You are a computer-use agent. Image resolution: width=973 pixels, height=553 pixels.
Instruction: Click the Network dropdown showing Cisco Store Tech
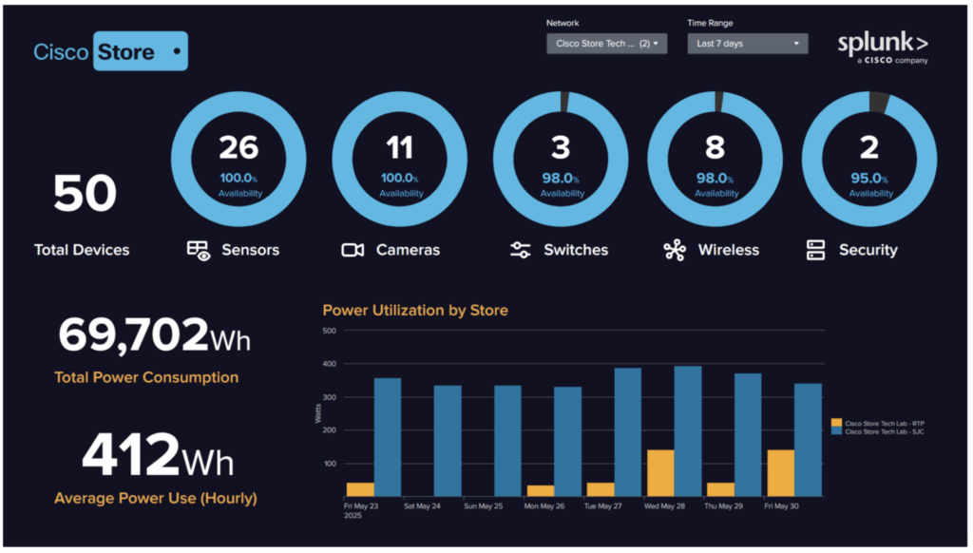(606, 44)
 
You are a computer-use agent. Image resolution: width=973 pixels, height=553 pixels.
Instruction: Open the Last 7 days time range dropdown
(747, 44)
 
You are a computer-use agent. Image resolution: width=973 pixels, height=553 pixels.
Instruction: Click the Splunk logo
(882, 48)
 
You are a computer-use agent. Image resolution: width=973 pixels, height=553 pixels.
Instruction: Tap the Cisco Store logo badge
(110, 51)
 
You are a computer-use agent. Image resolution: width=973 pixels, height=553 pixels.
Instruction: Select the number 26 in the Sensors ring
(238, 147)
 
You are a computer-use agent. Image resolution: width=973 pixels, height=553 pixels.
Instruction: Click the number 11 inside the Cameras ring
(400, 147)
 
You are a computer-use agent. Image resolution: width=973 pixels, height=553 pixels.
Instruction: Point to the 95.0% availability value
(869, 179)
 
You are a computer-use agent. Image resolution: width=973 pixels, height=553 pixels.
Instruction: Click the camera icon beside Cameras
(353, 250)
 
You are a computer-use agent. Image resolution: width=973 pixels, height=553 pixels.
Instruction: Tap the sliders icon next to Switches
(520, 250)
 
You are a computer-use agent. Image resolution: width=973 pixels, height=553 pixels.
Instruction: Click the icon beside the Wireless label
(675, 250)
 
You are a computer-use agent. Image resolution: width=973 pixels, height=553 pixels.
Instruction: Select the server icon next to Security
(815, 250)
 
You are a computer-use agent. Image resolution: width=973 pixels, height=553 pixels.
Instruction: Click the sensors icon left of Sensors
(199, 250)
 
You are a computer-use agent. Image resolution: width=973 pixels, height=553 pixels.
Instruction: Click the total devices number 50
(85, 195)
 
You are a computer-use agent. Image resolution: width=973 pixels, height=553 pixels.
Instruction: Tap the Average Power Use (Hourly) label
(155, 498)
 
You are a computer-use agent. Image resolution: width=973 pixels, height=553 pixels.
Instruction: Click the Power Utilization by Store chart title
(415, 310)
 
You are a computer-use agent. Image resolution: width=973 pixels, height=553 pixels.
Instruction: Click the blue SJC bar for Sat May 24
(448, 440)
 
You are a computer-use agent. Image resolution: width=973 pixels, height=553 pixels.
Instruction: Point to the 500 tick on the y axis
(329, 331)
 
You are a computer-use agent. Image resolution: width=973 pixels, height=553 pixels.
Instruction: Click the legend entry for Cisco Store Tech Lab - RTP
(877, 422)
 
